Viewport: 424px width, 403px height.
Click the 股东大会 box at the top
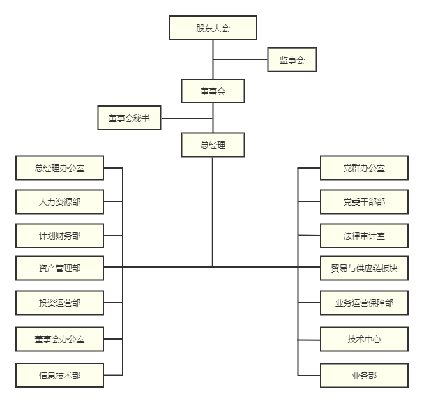(213, 28)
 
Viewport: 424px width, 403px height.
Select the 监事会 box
(292, 60)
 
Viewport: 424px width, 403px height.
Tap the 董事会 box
(213, 91)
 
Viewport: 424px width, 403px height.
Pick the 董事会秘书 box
(129, 118)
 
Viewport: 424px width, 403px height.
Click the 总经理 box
(213, 145)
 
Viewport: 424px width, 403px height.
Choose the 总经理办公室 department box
(59, 169)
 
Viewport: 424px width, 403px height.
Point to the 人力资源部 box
(59, 202)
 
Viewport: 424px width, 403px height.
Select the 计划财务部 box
(59, 236)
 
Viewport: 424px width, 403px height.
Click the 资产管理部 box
(59, 268)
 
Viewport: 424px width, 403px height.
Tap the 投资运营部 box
(59, 302)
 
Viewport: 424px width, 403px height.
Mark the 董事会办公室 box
(59, 338)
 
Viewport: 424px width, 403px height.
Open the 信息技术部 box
(59, 375)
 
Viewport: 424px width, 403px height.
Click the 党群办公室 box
(364, 169)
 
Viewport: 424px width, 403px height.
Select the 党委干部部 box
(364, 202)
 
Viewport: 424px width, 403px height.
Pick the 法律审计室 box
(364, 236)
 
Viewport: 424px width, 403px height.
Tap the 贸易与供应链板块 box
(364, 268)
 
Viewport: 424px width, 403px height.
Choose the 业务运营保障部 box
(364, 302)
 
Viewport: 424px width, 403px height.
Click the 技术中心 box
(364, 338)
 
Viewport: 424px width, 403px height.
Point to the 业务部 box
(364, 375)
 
